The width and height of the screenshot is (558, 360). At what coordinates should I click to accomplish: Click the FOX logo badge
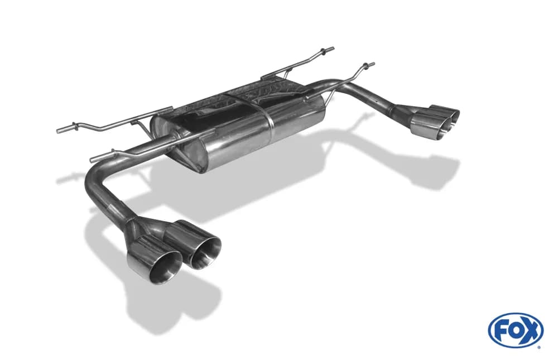(516, 330)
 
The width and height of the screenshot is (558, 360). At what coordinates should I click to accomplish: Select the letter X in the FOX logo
(531, 329)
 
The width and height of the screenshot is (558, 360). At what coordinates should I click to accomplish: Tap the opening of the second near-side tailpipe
(205, 251)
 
